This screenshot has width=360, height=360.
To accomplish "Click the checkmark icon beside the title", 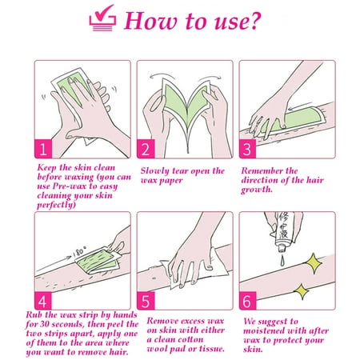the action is tap(102, 18).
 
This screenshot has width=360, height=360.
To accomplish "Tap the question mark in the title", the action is tap(254, 21).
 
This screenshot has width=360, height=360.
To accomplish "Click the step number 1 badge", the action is tap(43, 149).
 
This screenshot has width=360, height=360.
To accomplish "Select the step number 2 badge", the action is tap(146, 149).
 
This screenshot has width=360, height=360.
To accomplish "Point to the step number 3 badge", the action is tap(247, 149).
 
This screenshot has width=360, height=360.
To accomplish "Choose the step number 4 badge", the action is tap(42, 301).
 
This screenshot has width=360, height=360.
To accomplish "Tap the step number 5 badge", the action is tap(146, 301).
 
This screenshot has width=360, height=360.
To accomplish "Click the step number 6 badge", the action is tap(247, 301).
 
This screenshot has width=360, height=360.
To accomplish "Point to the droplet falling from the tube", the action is tap(282, 260).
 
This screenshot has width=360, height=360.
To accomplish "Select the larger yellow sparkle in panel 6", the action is tap(314, 263).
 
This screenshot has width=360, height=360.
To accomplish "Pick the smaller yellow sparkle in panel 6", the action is tap(302, 291).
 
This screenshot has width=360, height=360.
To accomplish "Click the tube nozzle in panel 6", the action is tap(282, 249).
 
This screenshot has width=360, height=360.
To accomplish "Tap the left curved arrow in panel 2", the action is tap(162, 77).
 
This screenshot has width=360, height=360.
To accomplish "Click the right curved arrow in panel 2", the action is tap(210, 78).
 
